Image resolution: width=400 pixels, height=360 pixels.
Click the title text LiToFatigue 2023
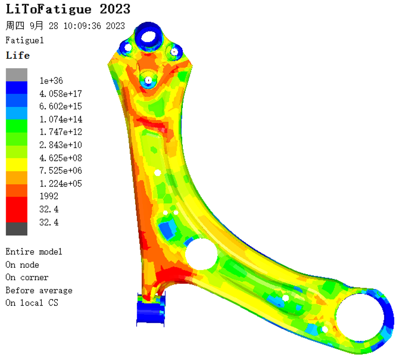click(x=68, y=9)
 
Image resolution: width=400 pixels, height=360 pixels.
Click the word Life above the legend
click(x=18, y=55)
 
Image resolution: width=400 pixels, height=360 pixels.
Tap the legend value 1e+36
click(x=51, y=81)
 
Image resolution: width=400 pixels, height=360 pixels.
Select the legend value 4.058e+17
click(x=61, y=94)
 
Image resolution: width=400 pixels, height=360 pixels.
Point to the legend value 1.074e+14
click(x=61, y=119)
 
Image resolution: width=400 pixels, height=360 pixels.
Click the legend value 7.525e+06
click(x=61, y=170)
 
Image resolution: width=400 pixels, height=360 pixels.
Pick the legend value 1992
click(x=49, y=196)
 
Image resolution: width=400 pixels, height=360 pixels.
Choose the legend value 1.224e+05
click(x=61, y=183)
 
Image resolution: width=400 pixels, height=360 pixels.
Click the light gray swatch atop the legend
click(x=17, y=75)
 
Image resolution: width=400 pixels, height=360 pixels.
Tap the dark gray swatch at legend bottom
click(x=17, y=228)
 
